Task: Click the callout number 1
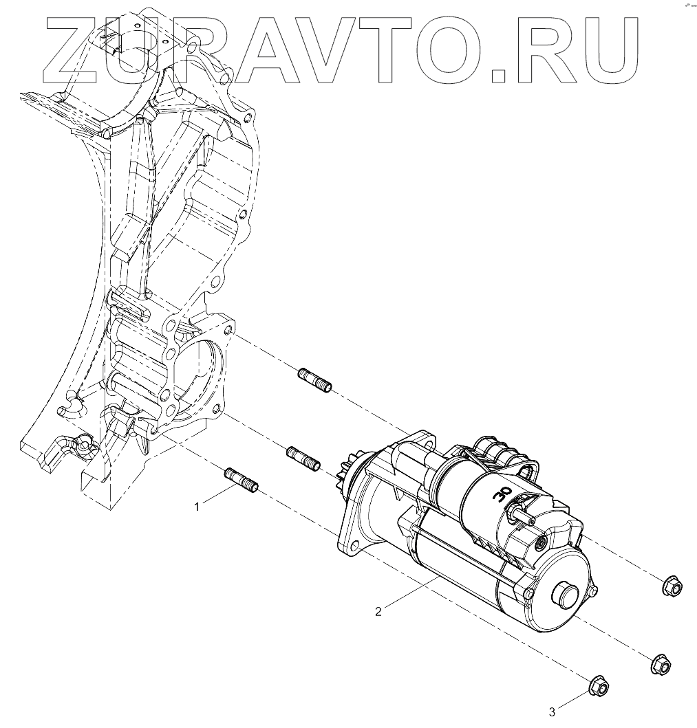coord(197,507)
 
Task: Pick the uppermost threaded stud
coord(314,379)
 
